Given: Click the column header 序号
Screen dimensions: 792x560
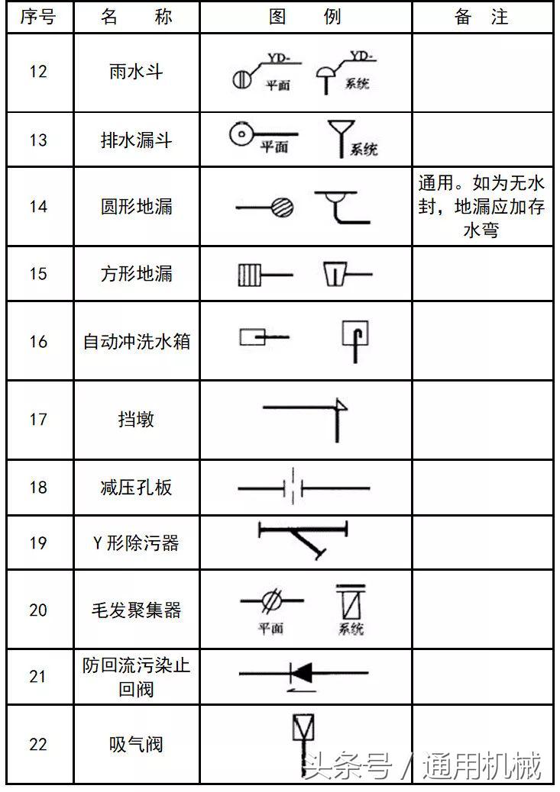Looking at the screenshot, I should click(x=38, y=17).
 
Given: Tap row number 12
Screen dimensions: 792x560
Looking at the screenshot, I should click(x=38, y=72).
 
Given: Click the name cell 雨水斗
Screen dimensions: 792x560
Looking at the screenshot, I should click(x=137, y=72).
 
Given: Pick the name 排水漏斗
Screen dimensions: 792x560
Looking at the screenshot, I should click(x=137, y=140).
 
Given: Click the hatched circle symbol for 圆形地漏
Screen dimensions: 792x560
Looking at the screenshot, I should click(x=283, y=207).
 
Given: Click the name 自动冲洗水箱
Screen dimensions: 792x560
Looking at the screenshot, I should click(x=137, y=341).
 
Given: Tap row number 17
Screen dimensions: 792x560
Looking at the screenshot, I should click(x=38, y=419).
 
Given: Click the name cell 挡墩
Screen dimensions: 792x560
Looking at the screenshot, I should click(x=137, y=419).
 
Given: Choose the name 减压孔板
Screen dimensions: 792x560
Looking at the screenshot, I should click(x=137, y=487).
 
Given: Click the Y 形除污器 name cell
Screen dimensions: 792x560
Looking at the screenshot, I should click(x=137, y=542).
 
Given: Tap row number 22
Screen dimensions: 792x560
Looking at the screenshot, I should click(x=38, y=744).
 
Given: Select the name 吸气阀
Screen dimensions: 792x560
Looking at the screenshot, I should click(x=137, y=744).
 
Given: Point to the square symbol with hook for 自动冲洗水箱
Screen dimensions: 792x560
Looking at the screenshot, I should click(x=357, y=334).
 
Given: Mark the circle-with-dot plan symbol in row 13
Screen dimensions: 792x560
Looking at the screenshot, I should click(x=241, y=135).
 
